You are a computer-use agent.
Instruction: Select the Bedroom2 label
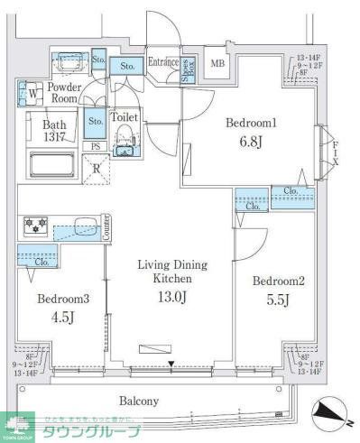click(278, 281)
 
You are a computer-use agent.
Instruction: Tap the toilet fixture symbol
click(125, 142)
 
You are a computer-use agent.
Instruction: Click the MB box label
click(217, 63)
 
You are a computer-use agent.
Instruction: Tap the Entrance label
click(163, 61)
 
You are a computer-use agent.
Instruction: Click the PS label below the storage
click(95, 146)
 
